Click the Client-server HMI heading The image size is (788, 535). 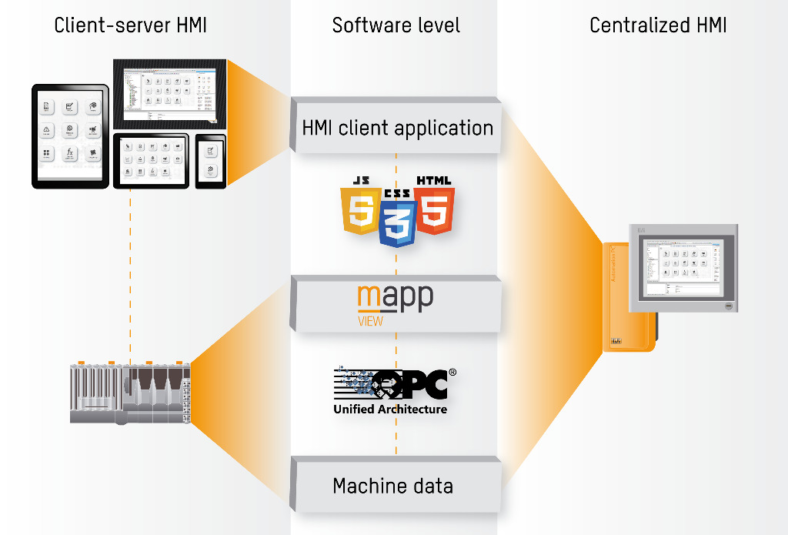(130, 25)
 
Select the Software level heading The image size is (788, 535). (396, 25)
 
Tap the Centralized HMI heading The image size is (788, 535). (658, 25)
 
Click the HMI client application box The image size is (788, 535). (397, 128)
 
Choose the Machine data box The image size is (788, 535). (392, 486)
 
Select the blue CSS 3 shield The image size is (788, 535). (397, 219)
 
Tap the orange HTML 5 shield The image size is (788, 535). (434, 206)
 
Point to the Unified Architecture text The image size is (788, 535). (390, 410)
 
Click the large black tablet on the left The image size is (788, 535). (70, 136)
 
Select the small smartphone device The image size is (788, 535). (210, 162)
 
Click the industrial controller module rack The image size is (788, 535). (129, 392)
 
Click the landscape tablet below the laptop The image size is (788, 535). (151, 160)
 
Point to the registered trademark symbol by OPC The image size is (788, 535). (452, 373)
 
